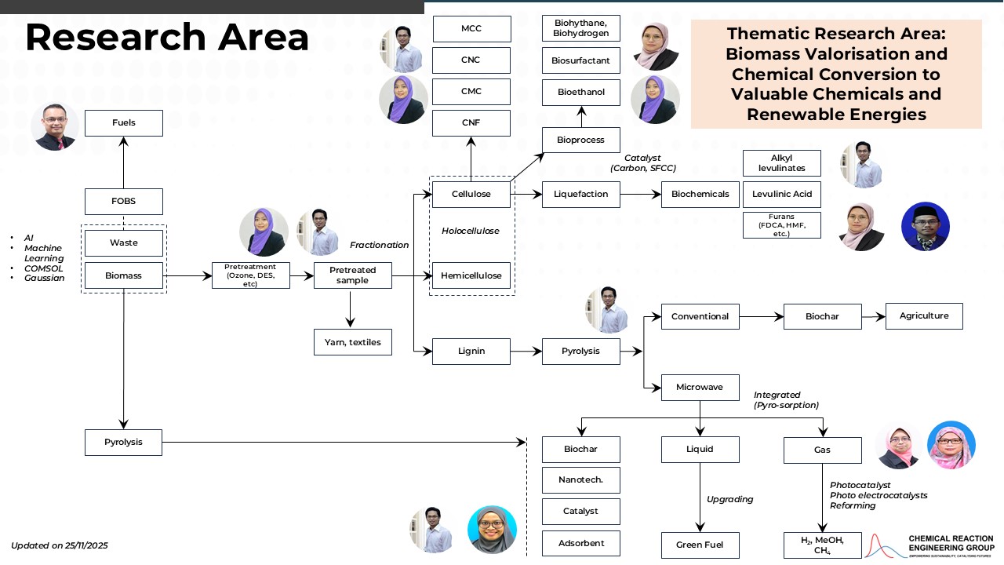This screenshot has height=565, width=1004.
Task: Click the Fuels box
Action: pos(124,123)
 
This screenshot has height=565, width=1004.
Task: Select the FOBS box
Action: pos(124,202)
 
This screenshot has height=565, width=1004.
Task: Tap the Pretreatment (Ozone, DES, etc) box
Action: pos(250,275)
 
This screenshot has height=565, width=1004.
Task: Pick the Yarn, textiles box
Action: pos(352,342)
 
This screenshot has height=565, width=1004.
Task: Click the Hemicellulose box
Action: pos(471,275)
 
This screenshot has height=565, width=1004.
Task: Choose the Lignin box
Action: pos(471,351)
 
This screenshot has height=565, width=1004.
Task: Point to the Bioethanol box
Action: pos(581,93)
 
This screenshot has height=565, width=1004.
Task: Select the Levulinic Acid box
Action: pos(781,194)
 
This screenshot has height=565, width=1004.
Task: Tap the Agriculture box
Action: pos(924,316)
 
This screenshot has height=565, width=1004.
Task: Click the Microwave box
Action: pos(700,387)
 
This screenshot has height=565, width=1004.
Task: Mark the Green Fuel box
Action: pos(700,545)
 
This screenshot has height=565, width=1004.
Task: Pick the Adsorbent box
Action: pos(581,543)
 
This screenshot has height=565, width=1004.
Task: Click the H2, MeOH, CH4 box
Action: pos(822,545)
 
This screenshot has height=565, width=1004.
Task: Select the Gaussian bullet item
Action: pos(44,278)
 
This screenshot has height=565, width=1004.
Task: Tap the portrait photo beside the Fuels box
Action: pos(55,126)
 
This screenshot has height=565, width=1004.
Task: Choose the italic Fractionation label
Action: pos(379,245)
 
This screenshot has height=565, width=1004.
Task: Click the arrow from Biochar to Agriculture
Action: pos(873,316)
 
